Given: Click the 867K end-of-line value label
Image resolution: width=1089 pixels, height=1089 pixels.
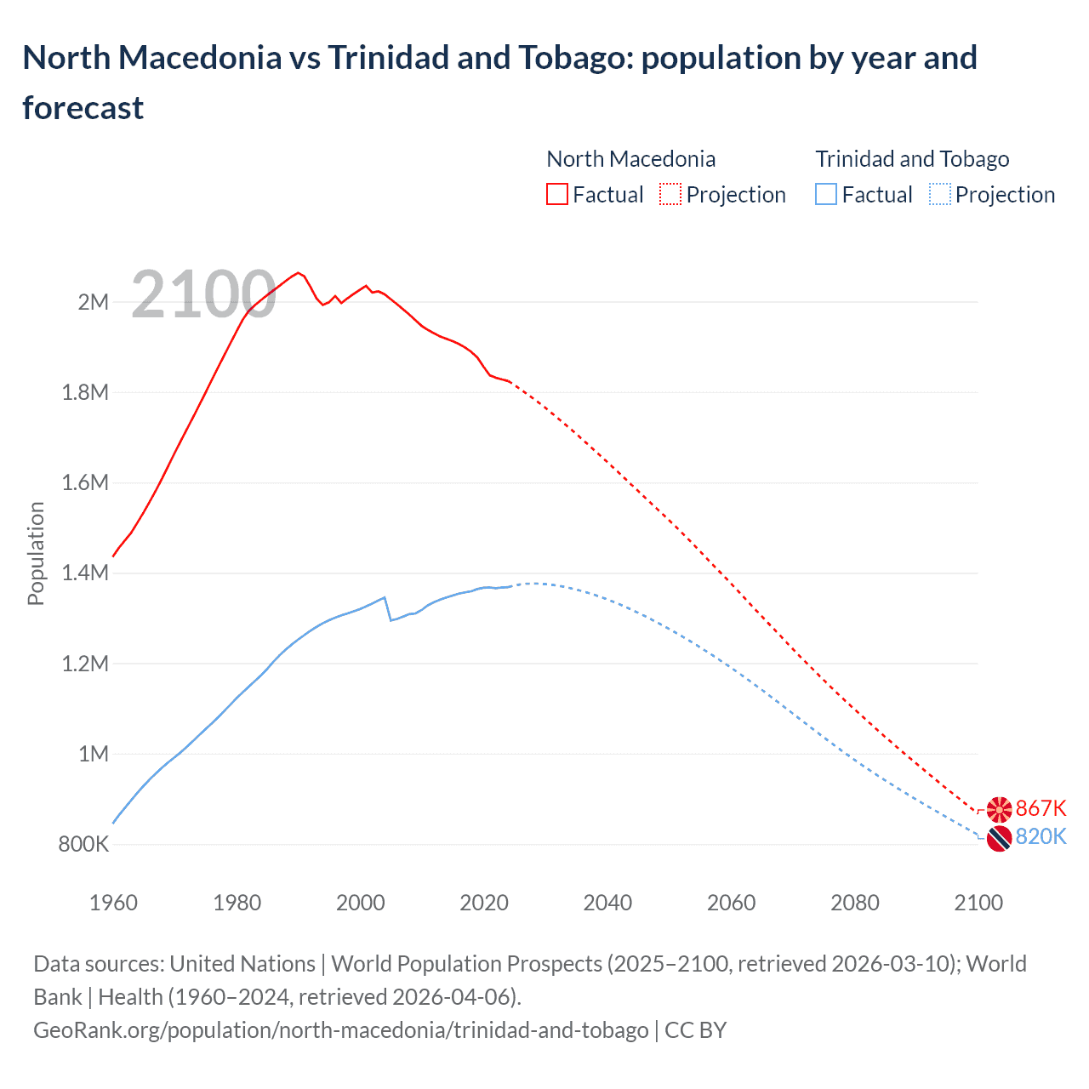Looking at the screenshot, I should pos(1041,808).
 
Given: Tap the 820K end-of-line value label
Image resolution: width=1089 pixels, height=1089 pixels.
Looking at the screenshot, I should pos(1041,836).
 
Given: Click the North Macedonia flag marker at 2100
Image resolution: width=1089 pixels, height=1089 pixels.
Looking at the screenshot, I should pos(999,810).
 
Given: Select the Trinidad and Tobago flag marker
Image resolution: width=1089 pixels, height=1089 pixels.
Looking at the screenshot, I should pos(999,839).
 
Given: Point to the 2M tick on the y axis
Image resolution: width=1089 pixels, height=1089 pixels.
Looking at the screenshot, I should pos(94,302).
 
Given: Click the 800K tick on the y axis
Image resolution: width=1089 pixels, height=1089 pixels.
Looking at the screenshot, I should pos(83,844).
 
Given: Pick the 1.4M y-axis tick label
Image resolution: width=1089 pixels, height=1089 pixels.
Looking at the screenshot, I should pos(85,573).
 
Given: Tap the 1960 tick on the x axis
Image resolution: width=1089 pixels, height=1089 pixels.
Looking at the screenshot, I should pos(113,903).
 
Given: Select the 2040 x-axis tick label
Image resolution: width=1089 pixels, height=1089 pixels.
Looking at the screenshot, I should pos(607,903).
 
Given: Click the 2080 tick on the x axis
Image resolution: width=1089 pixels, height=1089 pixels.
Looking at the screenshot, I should pos(854,903).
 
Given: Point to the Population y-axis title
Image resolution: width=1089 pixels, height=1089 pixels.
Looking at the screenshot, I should pos(36,553).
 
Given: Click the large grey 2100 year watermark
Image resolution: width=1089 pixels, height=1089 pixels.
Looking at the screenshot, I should pos(203,294).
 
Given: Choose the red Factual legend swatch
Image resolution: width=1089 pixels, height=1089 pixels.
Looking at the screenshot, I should pos(557,195).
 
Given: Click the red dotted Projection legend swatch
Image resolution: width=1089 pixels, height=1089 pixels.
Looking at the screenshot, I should pos(670,195).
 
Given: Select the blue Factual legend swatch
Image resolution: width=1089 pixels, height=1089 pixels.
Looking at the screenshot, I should pos(826,195).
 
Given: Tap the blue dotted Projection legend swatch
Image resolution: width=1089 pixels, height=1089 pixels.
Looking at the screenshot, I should pos(939,195).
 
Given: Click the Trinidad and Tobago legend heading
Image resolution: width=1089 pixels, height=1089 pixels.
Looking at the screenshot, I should pos(912,159).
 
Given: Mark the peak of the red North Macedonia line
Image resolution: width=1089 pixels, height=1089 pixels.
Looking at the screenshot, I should pos(298,273).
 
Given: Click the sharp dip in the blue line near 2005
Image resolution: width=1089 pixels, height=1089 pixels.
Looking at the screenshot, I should pos(391,619).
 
